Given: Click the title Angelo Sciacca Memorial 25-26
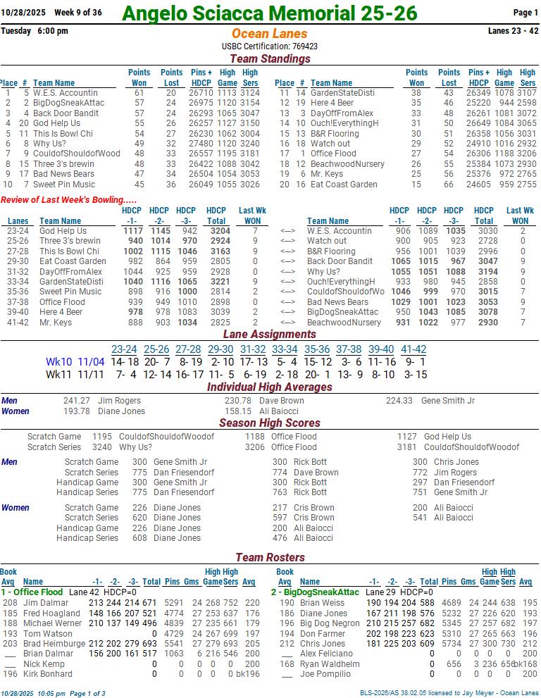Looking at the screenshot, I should [269, 13].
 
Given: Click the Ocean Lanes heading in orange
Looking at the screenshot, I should [269, 34].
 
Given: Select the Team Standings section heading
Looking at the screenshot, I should [270, 59].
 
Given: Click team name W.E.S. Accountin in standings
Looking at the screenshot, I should [65, 93].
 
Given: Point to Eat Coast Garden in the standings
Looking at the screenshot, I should [344, 185].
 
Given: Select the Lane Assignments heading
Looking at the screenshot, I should [270, 335].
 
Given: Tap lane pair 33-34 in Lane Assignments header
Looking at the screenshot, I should [285, 349].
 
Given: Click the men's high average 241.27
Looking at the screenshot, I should [77, 401].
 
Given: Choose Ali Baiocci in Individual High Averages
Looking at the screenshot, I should [279, 411].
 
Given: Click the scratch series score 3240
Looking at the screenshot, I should [101, 447].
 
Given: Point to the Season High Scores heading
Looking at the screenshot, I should [270, 423].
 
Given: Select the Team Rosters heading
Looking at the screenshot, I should [270, 558].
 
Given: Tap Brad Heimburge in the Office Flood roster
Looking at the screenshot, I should [54, 644].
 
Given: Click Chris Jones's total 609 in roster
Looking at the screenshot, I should [426, 644].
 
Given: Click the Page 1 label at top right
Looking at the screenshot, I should [525, 13].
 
